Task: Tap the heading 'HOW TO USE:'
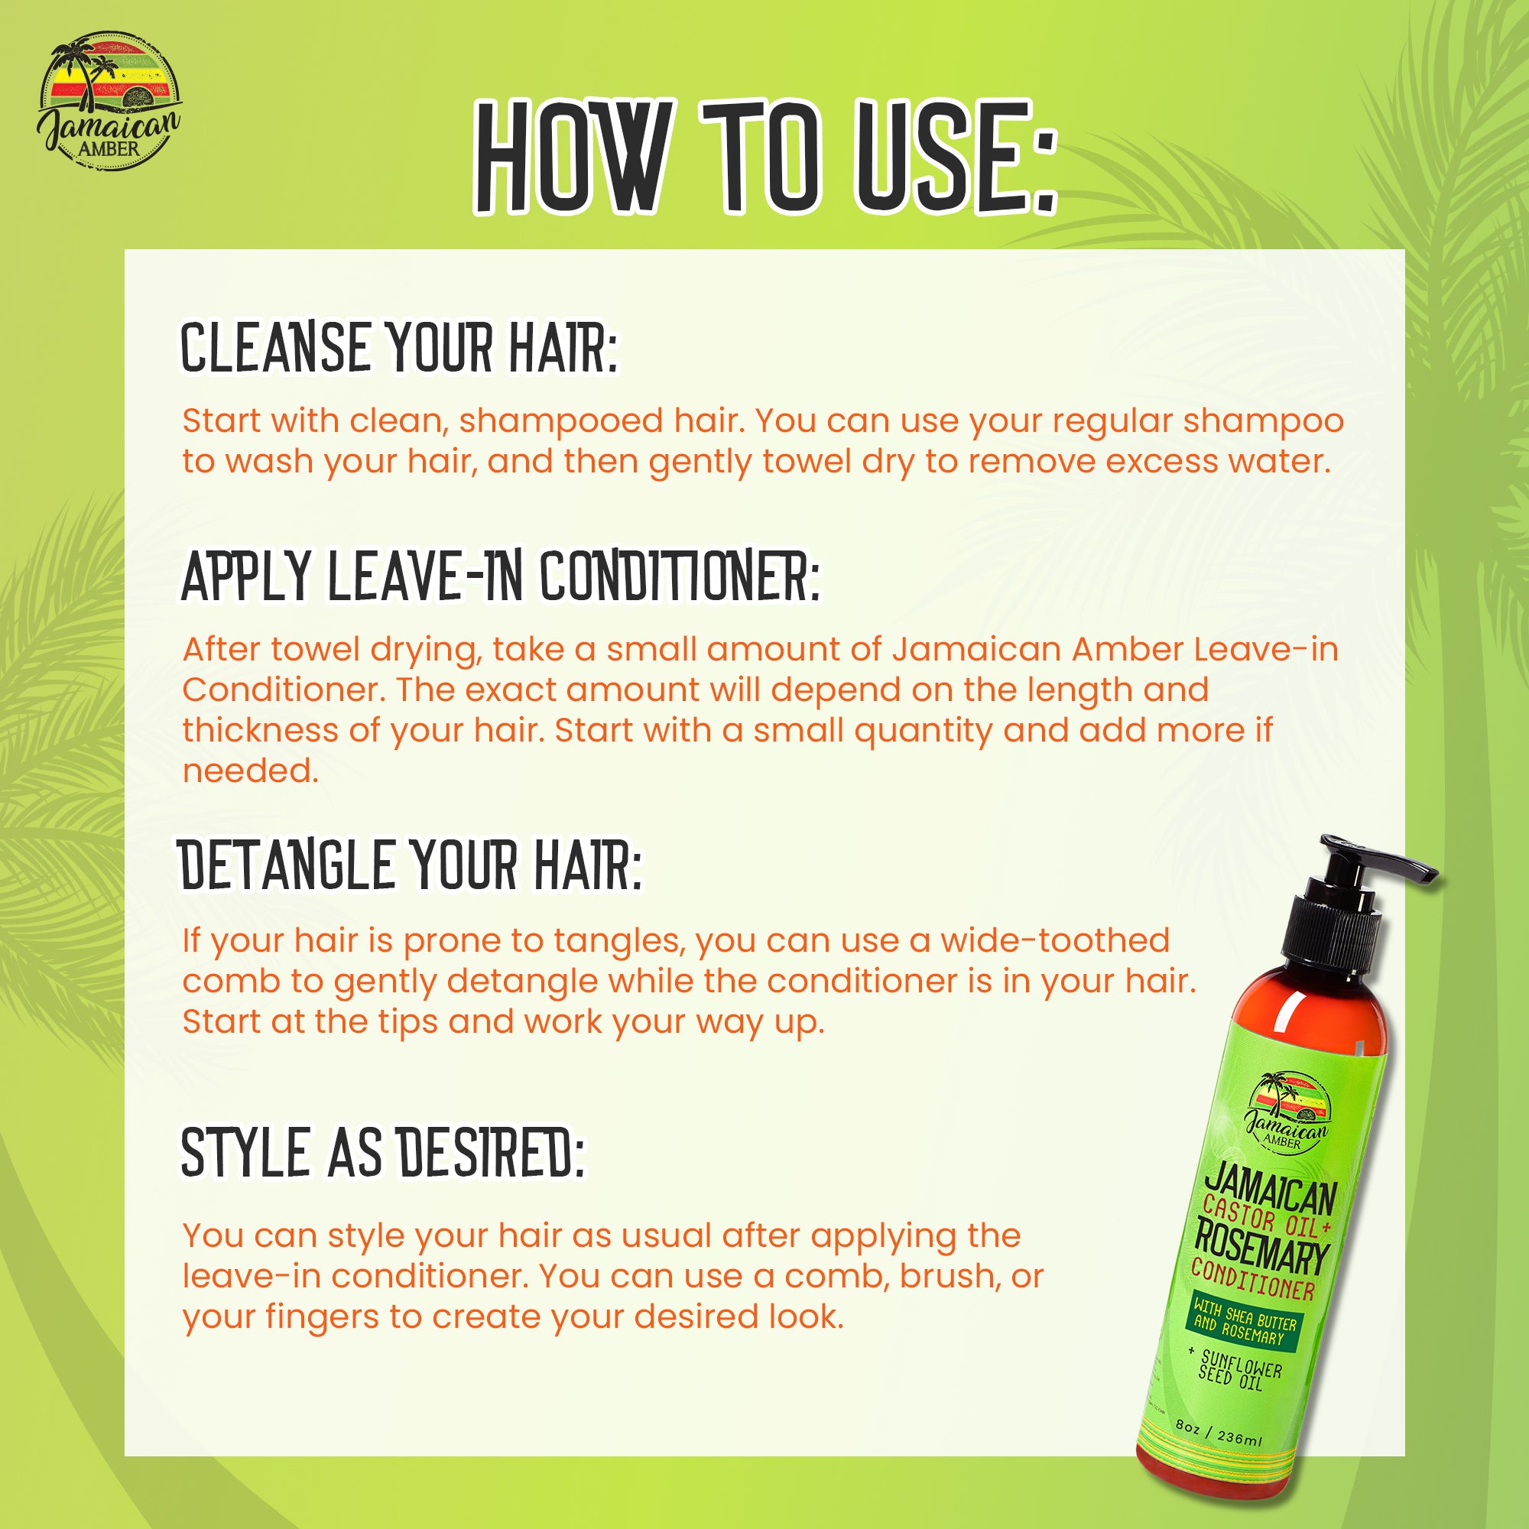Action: [764, 157]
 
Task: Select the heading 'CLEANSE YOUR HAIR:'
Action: [399, 347]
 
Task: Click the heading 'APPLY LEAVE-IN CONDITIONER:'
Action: [500, 576]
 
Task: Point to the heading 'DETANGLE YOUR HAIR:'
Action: [410, 865]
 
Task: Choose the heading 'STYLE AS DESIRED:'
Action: [382, 1153]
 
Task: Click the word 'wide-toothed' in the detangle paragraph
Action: [1054, 941]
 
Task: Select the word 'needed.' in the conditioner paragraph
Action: [250, 771]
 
